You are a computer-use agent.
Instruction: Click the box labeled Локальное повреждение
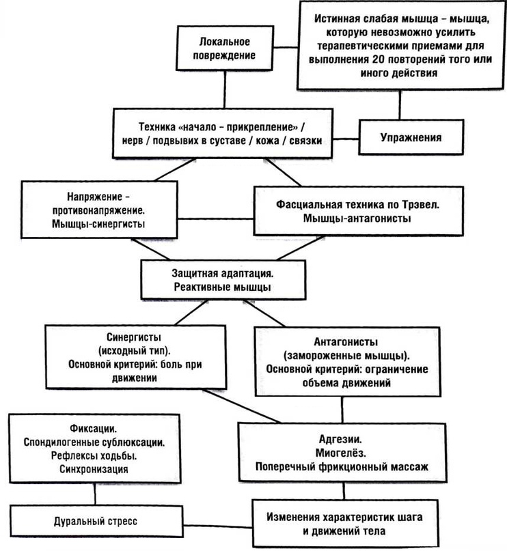[x=225, y=48]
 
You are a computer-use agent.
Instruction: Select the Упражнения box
[x=411, y=137]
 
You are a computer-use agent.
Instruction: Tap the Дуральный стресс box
[x=96, y=521]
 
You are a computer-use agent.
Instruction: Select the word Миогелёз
[x=340, y=453]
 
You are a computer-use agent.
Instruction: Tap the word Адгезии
[x=340, y=439]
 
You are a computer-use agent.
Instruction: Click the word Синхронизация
[x=94, y=469]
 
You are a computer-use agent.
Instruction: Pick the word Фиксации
[x=94, y=428]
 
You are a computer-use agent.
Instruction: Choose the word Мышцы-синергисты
[x=98, y=224]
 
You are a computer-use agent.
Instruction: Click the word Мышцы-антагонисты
[x=357, y=218]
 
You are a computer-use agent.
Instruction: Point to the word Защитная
[x=193, y=273]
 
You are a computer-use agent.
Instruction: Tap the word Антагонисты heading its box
[x=346, y=342]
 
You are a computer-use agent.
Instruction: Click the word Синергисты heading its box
[x=134, y=337]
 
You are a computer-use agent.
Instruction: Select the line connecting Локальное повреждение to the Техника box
[x=225, y=89]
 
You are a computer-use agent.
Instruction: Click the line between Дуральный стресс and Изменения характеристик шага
[x=218, y=526]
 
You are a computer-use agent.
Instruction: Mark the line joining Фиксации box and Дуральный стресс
[x=95, y=494]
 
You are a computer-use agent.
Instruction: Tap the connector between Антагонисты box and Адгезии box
[x=342, y=410]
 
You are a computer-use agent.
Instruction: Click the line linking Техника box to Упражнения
[x=346, y=139]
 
